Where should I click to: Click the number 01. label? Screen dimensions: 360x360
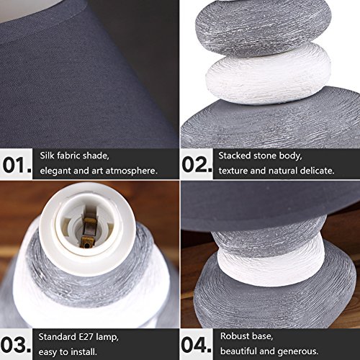[x=17, y=165]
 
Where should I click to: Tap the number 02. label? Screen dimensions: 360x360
[x=197, y=165]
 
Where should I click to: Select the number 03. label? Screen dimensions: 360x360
[x=16, y=345]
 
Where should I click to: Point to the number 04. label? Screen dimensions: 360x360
[x=197, y=345]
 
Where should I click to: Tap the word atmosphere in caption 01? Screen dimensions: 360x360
[x=132, y=171]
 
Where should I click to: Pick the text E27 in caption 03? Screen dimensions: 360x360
[x=86, y=337]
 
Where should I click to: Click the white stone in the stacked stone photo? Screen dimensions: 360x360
[x=269, y=74]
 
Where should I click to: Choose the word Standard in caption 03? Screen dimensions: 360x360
[x=58, y=337]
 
